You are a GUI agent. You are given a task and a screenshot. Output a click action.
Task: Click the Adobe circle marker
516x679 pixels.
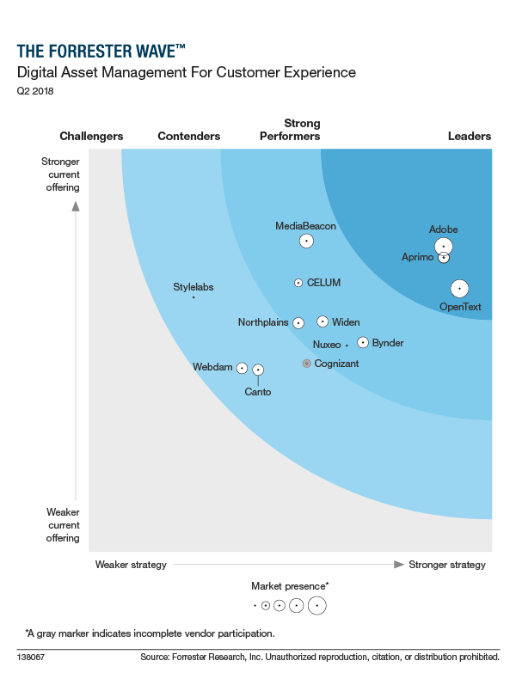coord(443,247)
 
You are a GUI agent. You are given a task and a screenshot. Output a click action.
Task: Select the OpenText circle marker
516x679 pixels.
coord(459,289)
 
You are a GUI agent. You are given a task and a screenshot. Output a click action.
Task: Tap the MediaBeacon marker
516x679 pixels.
coord(306,241)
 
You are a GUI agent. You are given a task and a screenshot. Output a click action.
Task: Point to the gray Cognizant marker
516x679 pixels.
coord(306,364)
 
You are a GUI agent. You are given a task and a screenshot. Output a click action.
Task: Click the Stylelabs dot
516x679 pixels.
coord(193,297)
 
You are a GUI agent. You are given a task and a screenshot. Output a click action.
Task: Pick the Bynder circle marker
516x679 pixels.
coord(363,342)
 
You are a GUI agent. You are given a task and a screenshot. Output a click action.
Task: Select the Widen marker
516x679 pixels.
coord(322,321)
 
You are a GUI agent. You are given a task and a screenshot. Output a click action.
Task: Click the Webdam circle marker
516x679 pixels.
coord(243,368)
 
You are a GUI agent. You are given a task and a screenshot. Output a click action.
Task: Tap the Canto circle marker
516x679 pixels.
coord(257,370)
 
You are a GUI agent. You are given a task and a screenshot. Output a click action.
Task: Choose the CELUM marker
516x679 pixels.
coord(298,282)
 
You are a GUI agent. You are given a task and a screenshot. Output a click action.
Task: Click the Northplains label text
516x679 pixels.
coord(263,323)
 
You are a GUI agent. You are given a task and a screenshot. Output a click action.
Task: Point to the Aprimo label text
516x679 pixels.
coord(418,257)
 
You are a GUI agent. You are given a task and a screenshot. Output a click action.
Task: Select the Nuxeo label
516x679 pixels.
coord(327,345)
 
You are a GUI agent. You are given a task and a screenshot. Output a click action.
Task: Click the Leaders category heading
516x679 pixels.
coord(470,136)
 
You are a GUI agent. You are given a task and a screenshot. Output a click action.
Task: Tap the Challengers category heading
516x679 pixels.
coord(91,136)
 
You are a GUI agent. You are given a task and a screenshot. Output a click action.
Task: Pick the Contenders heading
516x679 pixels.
coord(189,136)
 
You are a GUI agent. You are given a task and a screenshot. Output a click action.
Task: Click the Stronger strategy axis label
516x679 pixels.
coord(447,565)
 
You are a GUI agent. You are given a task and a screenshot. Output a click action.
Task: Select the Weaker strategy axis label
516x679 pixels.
coord(131,565)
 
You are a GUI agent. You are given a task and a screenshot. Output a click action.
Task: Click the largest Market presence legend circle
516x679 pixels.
coord(317,605)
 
